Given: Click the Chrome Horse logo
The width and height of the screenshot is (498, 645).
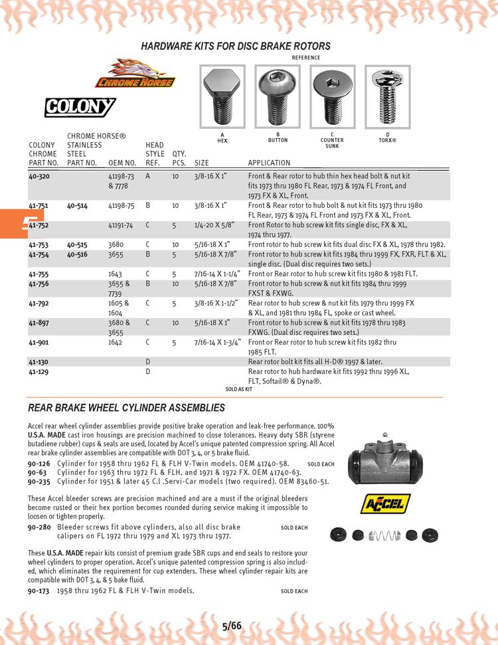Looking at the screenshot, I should point(135,74).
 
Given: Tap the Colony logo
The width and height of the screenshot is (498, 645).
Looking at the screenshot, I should point(80,107).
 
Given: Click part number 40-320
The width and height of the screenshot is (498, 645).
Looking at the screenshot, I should point(39,176).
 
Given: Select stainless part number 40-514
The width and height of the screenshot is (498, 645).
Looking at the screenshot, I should point(78,206).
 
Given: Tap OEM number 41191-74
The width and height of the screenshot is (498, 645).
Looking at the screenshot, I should point(121,226).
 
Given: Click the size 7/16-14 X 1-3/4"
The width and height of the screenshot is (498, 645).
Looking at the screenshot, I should point(216,343).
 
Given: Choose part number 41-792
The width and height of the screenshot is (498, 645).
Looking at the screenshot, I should point(39,303).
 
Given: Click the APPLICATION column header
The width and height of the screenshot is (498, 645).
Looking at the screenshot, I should point(269,163).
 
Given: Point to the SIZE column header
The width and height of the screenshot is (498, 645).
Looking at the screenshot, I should point(202,163).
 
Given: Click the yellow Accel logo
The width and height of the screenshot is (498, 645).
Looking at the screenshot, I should point(385,504).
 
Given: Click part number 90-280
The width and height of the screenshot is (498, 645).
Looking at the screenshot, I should point(39,527).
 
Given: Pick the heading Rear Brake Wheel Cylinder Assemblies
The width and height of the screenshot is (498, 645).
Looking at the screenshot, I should point(126,407).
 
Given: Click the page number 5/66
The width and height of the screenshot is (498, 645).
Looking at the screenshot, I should point(232,626).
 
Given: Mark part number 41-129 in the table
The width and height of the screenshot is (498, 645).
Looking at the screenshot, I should point(39,372).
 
